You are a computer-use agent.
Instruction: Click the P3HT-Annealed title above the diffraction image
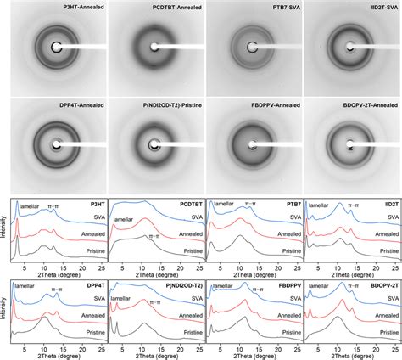click(x=71, y=8)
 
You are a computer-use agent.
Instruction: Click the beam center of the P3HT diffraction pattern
click(x=57, y=48)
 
